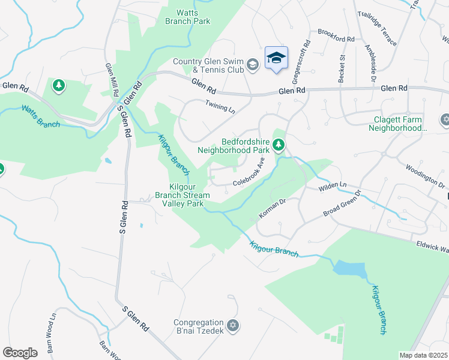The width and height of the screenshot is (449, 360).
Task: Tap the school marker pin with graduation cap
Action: (276, 58)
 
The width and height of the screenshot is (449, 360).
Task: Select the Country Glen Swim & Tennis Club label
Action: (208, 65)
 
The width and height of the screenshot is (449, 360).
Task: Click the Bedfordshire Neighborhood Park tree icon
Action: (278, 145)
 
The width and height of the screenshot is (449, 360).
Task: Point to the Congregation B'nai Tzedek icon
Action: (233, 326)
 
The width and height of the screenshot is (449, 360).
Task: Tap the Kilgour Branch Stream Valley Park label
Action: (182, 195)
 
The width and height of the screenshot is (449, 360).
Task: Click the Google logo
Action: (20, 352)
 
